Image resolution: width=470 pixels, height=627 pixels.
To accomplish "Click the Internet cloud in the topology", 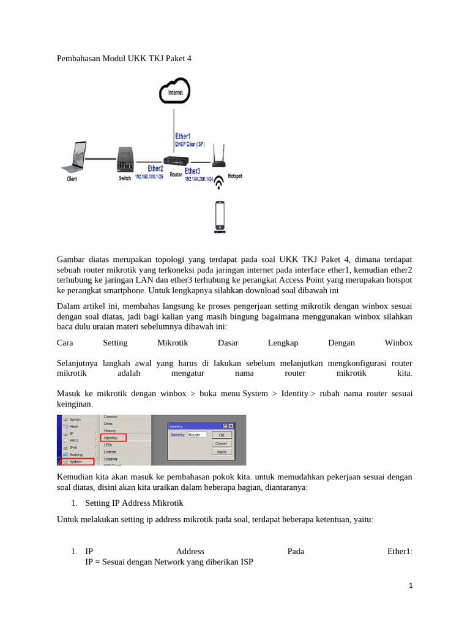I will click(x=174, y=92).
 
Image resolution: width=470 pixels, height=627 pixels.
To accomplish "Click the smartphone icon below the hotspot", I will click(x=219, y=217).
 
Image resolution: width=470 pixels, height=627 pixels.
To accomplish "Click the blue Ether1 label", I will click(x=182, y=136).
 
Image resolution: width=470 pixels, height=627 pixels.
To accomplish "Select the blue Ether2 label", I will click(x=155, y=168).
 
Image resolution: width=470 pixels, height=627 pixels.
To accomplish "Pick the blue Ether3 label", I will click(x=192, y=171).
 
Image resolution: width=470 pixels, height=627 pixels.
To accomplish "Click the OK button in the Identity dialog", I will click(x=221, y=434).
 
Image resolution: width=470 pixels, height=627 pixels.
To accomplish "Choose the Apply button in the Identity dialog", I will click(x=221, y=451).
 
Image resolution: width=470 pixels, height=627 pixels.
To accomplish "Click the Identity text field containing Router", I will click(x=197, y=434).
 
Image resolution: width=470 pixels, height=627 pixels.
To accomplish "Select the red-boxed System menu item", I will click(x=80, y=462).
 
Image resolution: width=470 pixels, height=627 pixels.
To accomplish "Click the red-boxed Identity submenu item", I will click(x=113, y=438).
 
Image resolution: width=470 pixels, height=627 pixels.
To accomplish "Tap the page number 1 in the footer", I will click(x=411, y=585).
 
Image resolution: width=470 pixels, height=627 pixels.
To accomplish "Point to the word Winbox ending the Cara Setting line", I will click(x=398, y=343).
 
